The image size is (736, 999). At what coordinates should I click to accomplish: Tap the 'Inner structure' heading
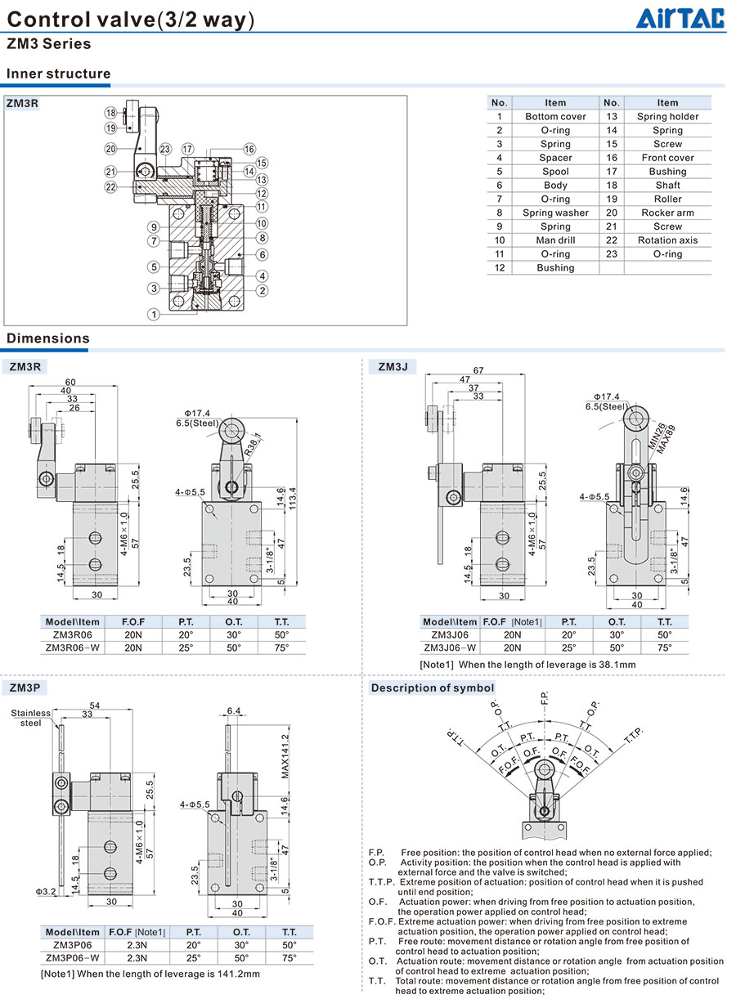coord(58,74)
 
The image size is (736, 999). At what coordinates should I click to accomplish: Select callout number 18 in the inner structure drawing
coord(110,112)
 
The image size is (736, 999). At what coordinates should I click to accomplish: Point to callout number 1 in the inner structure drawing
coord(153,314)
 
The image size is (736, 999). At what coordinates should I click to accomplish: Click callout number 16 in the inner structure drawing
coord(249,150)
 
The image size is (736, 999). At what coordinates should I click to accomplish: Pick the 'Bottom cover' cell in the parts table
coord(555,117)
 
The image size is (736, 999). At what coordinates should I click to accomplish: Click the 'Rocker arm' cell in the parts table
coord(667,213)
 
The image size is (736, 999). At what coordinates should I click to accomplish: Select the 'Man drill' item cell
coord(555,240)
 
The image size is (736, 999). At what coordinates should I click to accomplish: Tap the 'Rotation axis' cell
coord(667,240)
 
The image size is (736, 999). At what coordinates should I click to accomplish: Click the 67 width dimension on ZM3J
coord(478,370)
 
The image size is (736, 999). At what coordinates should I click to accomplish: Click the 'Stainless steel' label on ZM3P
coord(30,718)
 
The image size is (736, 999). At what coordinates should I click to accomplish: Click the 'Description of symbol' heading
coord(433,688)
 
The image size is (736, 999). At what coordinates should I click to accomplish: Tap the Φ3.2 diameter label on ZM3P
coord(45,891)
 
